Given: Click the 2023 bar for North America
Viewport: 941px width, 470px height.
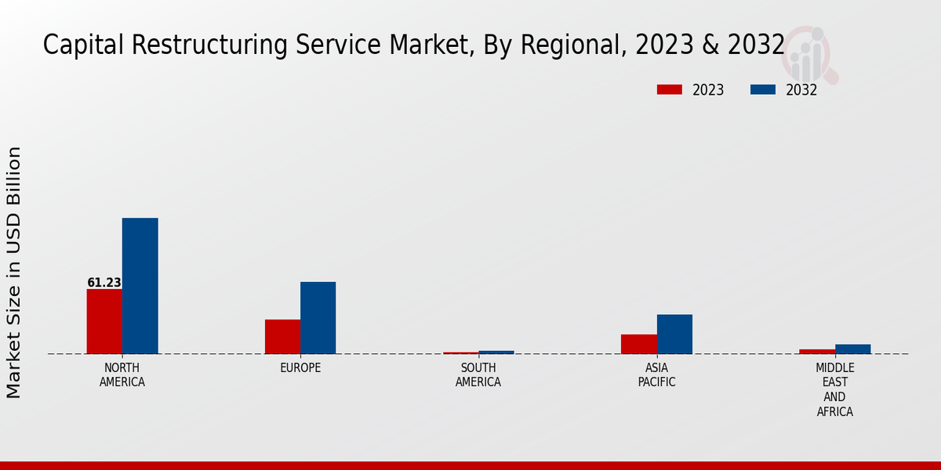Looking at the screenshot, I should pos(104,321).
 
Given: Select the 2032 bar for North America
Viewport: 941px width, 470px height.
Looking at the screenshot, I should pos(140,286).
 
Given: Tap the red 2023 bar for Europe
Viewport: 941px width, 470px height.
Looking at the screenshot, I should pos(282,337).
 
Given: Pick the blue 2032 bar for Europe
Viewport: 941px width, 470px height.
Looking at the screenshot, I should pos(318,318).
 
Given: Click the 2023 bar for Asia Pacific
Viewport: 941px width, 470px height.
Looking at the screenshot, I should pos(638,344).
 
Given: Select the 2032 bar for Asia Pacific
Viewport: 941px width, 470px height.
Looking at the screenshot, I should pos(674,334).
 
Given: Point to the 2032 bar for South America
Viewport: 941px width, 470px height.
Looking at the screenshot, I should pos(496,352).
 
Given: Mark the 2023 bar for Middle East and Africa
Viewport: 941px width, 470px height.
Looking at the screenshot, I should pos(817,352).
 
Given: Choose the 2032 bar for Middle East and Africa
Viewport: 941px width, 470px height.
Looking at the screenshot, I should pos(852,349).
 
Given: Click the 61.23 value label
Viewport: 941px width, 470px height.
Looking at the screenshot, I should pos(104,283).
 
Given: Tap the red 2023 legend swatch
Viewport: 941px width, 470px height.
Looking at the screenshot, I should pos(669,90).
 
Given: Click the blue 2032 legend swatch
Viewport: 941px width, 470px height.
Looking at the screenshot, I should pos(762,90).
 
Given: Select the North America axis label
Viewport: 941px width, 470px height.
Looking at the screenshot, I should pos(122,375).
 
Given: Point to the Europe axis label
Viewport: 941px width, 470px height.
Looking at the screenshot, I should pos(300,368).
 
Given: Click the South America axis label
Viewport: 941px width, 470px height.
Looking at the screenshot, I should pos(478,375).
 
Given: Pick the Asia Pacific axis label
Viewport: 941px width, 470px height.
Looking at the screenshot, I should pos(656,375).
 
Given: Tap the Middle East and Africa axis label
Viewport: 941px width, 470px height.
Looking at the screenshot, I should pos(834,390).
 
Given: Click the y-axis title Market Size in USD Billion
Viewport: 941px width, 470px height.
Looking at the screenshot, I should pos(14,272).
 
